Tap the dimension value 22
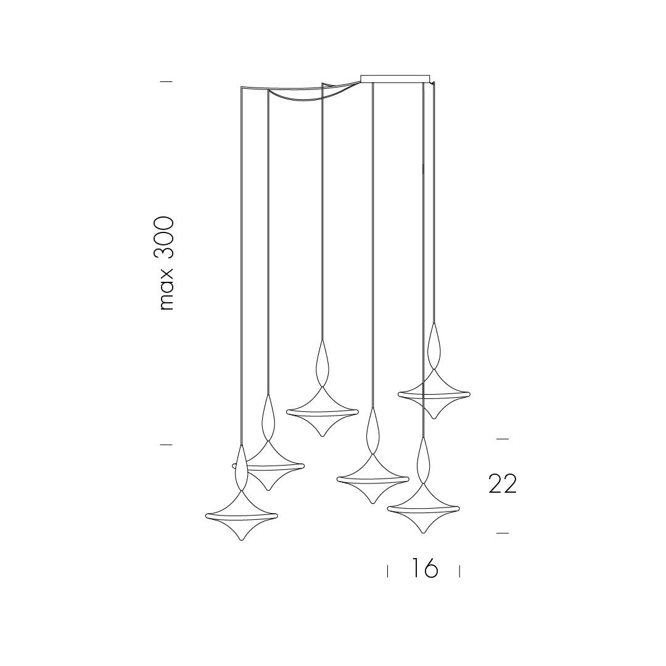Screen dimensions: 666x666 [x=503, y=484]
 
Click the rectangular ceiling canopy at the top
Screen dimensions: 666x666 [x=395, y=78]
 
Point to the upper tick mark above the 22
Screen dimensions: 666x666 [x=503, y=439]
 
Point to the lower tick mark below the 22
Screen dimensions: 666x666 [x=503, y=533]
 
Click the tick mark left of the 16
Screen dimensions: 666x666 [x=387, y=571]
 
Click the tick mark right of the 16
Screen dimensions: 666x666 [x=459, y=571]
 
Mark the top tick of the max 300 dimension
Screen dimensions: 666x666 [x=166, y=81]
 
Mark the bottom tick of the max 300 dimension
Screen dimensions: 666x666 [x=166, y=445]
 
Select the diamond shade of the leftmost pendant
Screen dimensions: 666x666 [x=241, y=516]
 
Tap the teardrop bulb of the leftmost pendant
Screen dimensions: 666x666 [x=241, y=467]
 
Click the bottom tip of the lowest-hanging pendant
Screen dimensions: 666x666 [x=241, y=540]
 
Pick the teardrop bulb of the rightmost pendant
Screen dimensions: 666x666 [x=434, y=346]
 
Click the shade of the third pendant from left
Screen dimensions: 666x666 [x=322, y=411]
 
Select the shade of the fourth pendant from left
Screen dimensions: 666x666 [x=372, y=479]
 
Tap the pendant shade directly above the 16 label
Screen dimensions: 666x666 [x=423, y=508]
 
